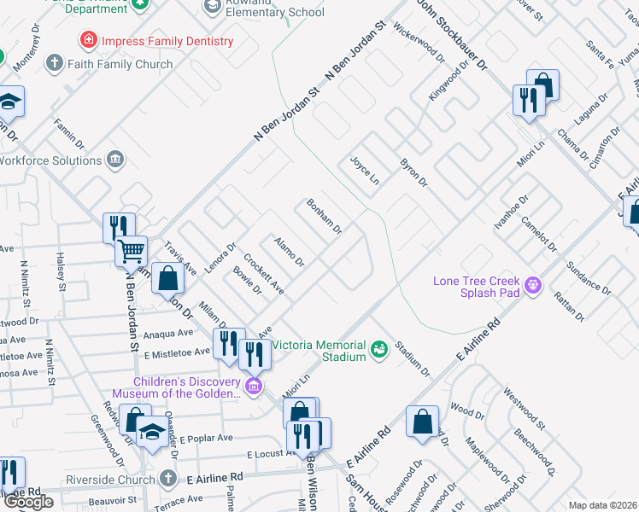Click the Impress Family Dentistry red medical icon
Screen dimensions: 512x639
tap(87, 40)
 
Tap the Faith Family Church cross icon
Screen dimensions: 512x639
tap(55, 63)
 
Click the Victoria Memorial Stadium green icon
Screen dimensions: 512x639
tap(378, 347)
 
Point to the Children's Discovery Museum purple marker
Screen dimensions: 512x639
tap(253, 387)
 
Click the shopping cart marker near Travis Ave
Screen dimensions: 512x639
tap(132, 252)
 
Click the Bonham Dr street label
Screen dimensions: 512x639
tap(325, 217)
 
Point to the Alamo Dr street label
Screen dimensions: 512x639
tap(289, 251)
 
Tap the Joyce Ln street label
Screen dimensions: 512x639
tap(363, 170)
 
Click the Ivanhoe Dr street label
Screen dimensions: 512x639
tap(507, 214)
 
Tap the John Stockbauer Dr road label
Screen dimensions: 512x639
tap(450, 34)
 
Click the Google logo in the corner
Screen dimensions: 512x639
tap(28, 502)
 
